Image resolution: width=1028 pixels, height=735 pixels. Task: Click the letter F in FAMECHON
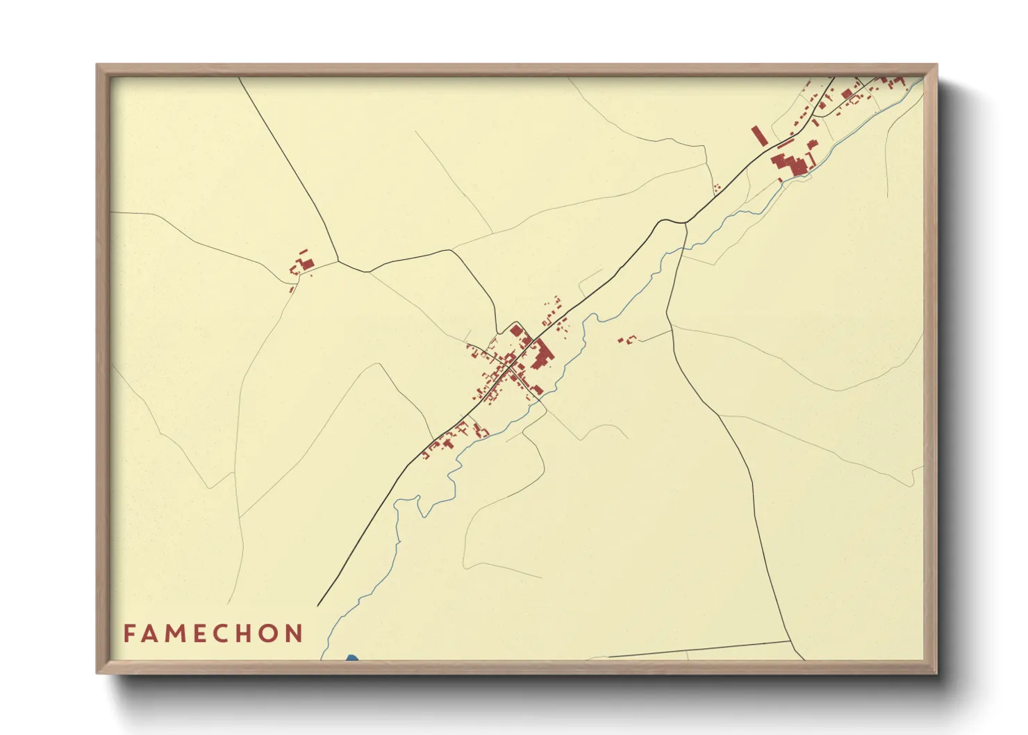[x=128, y=634]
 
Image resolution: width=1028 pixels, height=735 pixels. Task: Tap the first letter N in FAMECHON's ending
[x=297, y=634]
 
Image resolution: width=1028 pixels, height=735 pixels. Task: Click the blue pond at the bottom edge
[x=351, y=657]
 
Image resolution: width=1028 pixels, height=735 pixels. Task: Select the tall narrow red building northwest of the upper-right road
[x=758, y=135]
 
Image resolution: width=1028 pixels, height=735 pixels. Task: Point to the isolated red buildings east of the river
[x=627, y=340]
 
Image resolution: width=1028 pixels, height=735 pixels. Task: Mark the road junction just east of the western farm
[x=338, y=262]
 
